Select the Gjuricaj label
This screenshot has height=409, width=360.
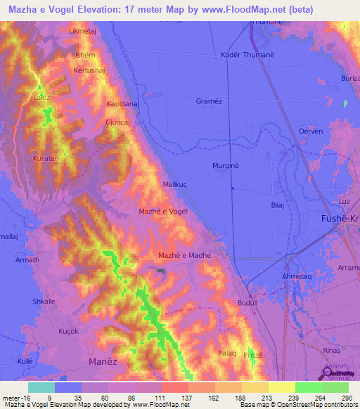click(118, 121)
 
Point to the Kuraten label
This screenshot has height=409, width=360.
click(46, 160)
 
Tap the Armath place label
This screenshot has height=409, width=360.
click(27, 260)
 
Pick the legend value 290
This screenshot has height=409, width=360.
click(345, 397)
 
